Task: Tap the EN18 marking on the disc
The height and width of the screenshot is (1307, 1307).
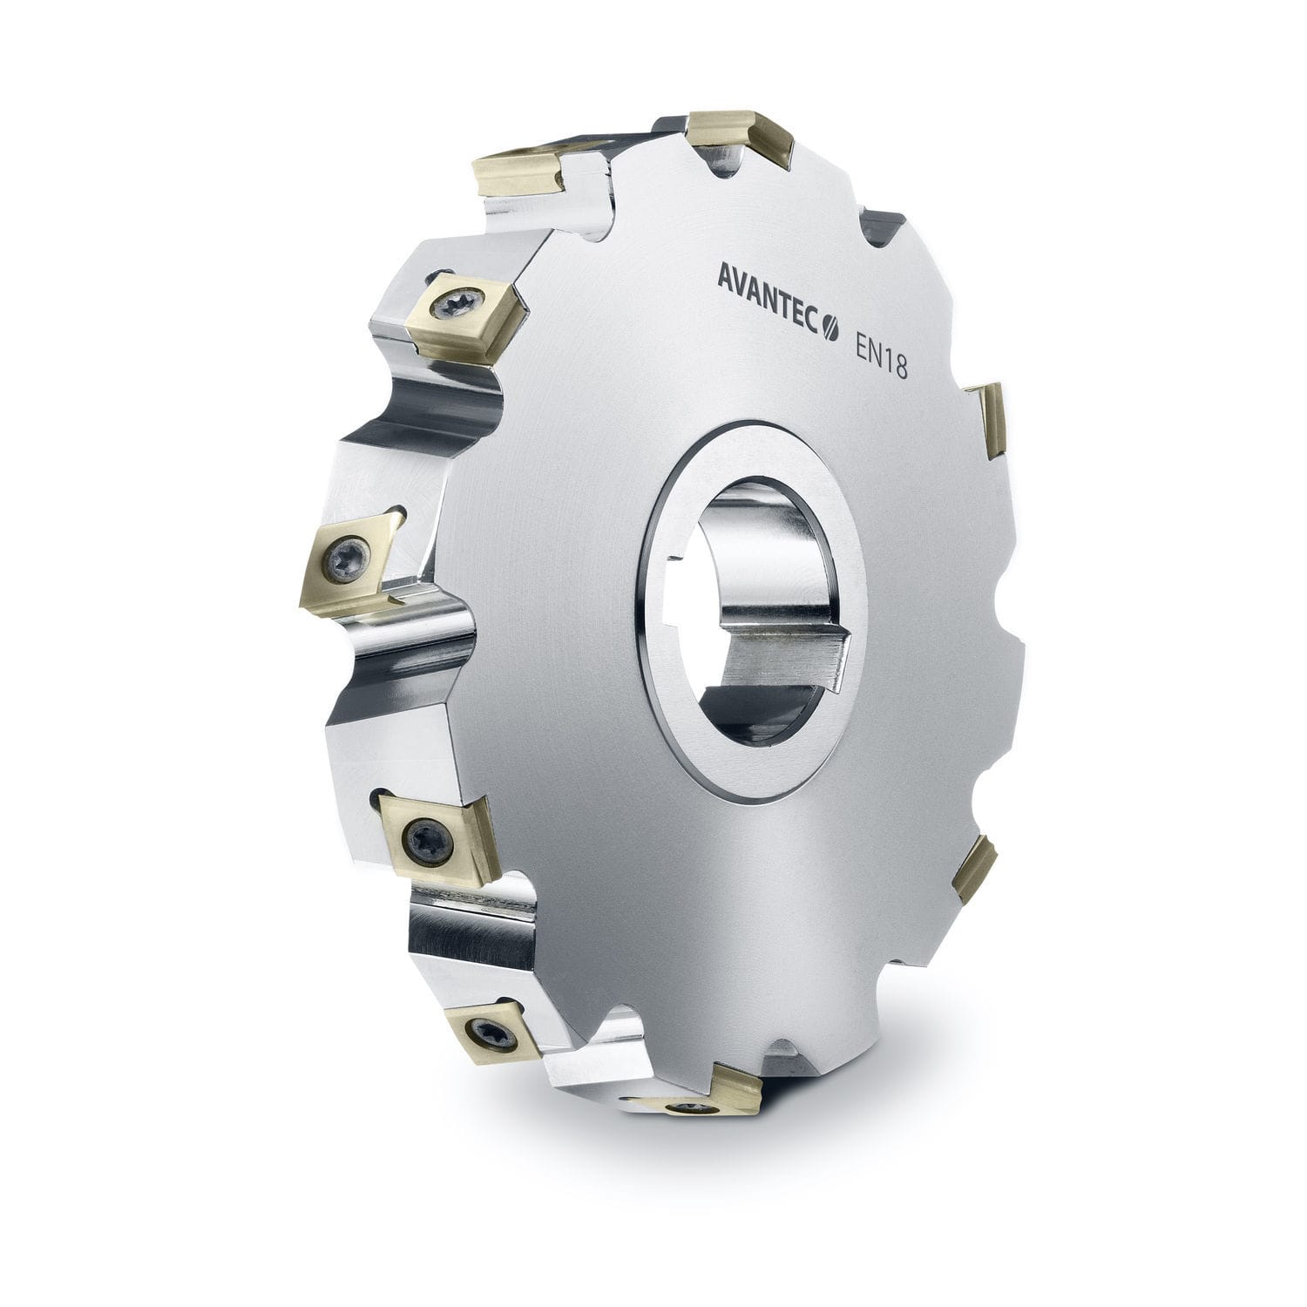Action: (x=878, y=359)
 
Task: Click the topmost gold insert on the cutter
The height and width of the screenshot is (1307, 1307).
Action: (x=741, y=135)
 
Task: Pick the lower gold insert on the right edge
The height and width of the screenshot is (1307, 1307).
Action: (x=976, y=867)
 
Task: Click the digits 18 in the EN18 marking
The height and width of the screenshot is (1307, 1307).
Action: (x=894, y=366)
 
